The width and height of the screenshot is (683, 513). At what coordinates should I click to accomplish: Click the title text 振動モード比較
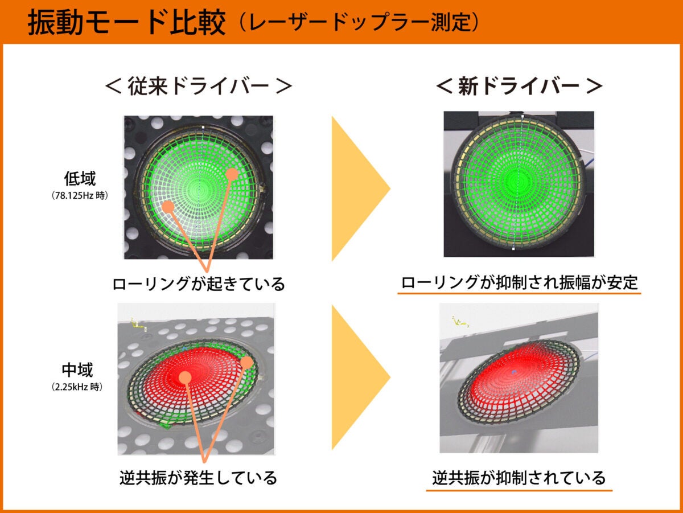pos(126,24)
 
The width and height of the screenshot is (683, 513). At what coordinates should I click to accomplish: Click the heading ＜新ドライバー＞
pos(519,87)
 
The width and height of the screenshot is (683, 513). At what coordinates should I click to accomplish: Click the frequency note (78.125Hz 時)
pos(79,195)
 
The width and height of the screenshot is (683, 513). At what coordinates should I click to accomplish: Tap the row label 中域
pos(79,371)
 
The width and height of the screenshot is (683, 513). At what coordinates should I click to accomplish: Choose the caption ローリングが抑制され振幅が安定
pos(519,282)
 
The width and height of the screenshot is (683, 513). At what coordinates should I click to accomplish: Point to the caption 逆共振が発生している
pos(199,477)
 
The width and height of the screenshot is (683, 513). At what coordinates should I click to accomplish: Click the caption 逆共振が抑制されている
pos(519,477)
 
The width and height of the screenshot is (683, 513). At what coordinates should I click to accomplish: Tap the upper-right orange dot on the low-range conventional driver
pos(231,174)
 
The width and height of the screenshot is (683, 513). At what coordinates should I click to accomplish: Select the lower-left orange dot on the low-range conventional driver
pos(168,206)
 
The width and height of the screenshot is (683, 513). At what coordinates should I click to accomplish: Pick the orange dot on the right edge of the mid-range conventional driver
pos(246,362)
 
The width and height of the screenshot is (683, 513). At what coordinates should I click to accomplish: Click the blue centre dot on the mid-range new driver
pos(514,372)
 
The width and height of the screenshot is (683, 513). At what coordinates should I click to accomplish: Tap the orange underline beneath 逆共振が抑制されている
pos(519,490)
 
